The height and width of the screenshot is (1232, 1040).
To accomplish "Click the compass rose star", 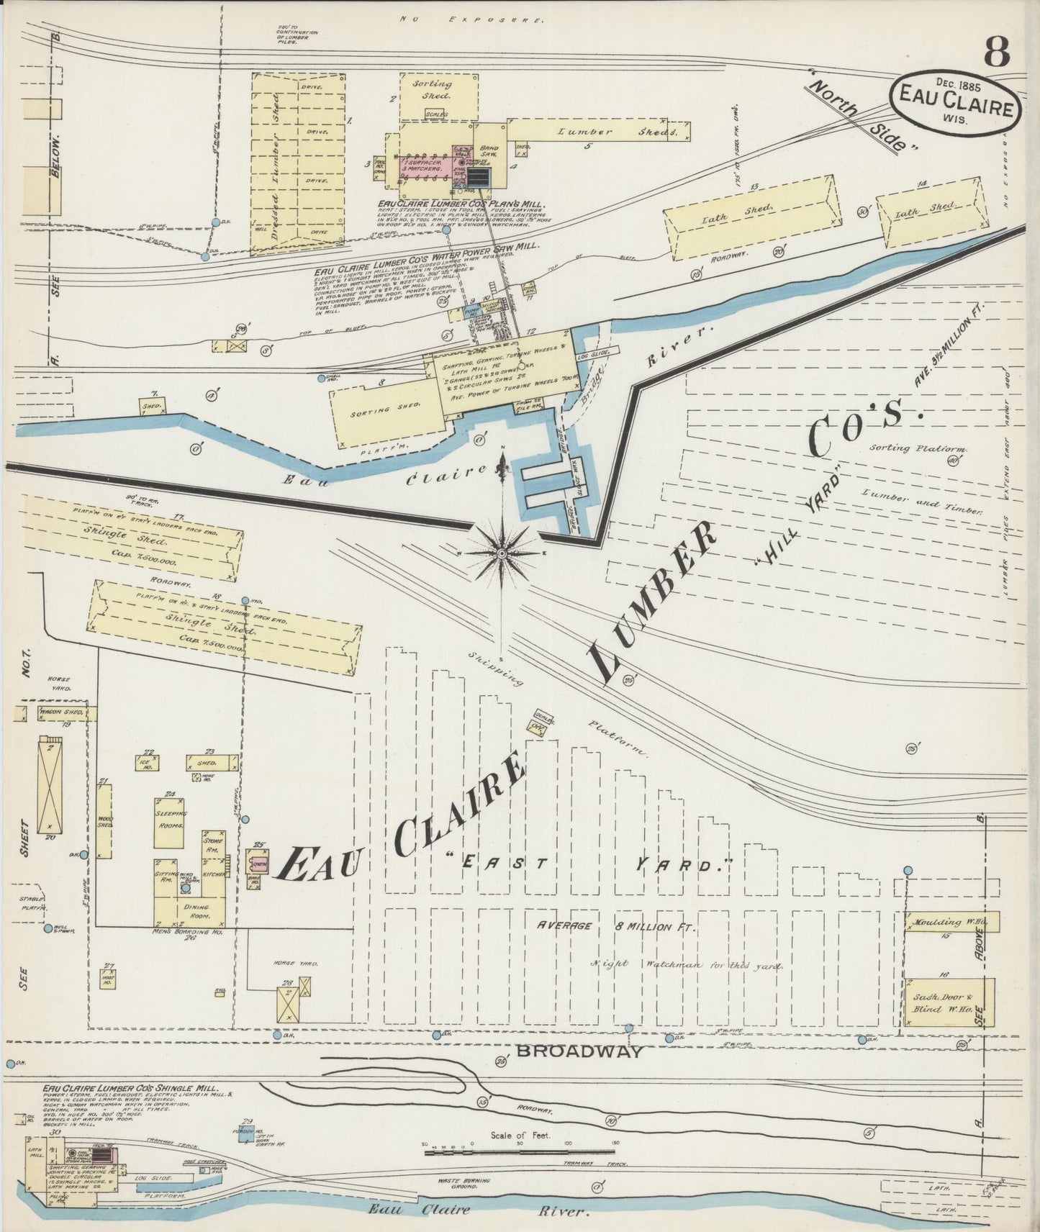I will pos(502,553).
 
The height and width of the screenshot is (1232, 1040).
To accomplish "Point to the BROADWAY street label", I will pos(579,1051).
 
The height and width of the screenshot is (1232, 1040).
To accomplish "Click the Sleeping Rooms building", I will pos(170,822).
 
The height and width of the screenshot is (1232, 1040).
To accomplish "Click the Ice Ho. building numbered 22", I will pos(150,762).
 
